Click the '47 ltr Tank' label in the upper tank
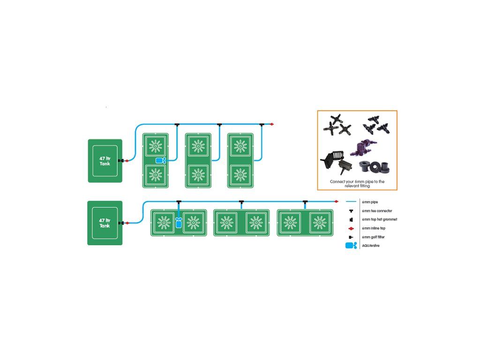pyautogui.click(x=105, y=161)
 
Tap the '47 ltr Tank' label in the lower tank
pyautogui.click(x=105, y=223)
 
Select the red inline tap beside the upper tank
pyautogui.click(x=127, y=161)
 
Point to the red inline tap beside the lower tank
pyautogui.click(x=127, y=223)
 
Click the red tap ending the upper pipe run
pyautogui.click(x=272, y=124)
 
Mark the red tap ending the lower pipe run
pyautogui.click(x=337, y=202)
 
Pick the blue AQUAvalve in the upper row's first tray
pyautogui.click(x=161, y=160)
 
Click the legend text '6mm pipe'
pyautogui.click(x=370, y=202)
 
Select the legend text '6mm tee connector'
pyautogui.click(x=377, y=211)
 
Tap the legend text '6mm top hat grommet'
pyautogui.click(x=380, y=219)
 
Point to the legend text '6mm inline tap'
pyautogui.click(x=374, y=228)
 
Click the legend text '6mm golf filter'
pyautogui.click(x=373, y=237)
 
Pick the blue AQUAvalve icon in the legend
pyautogui.click(x=351, y=246)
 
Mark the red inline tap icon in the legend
pyautogui.click(x=351, y=228)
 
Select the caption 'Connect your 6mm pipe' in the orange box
pyautogui.click(x=351, y=181)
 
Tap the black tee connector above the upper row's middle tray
pyautogui.click(x=219, y=125)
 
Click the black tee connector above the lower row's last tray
pyautogui.click(x=305, y=202)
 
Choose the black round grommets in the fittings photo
pyautogui.click(x=374, y=166)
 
